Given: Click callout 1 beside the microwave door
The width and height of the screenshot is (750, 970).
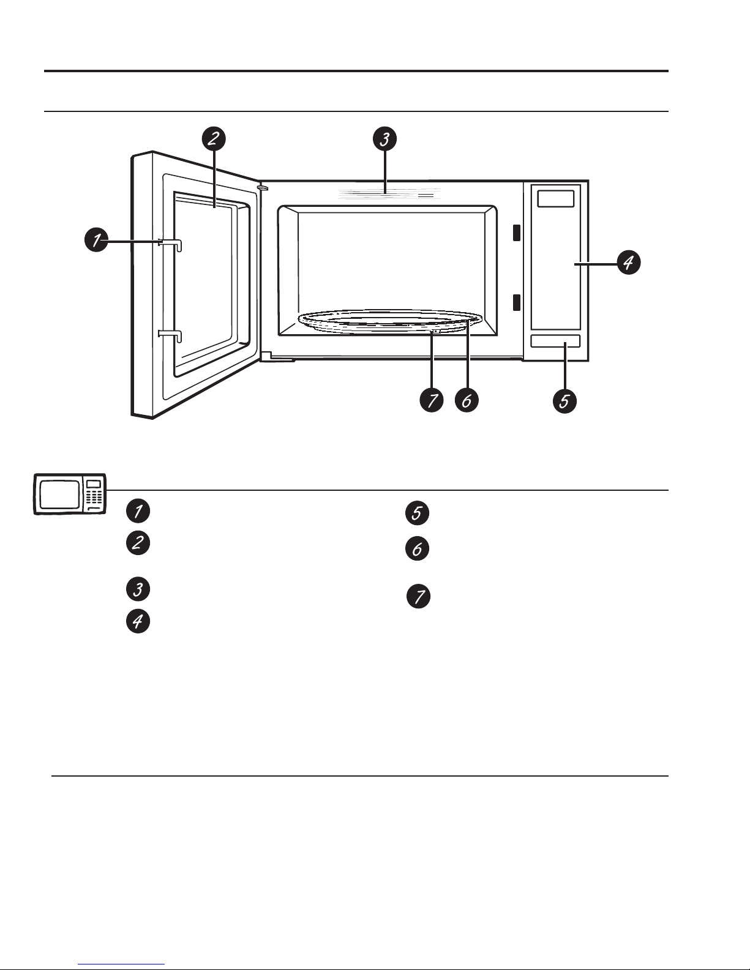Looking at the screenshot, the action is [97, 240].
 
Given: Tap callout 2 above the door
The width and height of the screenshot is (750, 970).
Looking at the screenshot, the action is [214, 138].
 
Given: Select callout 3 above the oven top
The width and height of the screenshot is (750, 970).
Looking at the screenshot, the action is [385, 138].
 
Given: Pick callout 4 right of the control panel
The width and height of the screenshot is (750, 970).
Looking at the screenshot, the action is [629, 263].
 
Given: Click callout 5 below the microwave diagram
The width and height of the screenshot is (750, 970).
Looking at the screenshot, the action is [564, 401].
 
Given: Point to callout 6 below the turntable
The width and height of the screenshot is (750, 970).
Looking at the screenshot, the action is [467, 400].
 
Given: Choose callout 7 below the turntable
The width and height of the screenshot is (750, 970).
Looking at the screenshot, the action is [432, 400].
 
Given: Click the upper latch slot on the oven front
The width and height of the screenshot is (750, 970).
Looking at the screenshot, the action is [517, 233].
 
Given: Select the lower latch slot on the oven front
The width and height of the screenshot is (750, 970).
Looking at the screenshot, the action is [517, 302].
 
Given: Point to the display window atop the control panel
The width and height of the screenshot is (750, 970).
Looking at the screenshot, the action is [556, 199].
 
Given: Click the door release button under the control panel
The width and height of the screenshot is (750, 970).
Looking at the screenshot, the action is [555, 341].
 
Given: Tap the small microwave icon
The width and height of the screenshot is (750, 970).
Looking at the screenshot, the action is [70, 494].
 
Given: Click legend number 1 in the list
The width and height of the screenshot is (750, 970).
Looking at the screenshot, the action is [138, 511].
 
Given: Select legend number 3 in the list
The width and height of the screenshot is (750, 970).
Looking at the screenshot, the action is [138, 589].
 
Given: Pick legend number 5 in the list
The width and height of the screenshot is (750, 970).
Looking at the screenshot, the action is [417, 513].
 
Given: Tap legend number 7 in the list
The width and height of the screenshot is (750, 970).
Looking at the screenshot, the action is [418, 597].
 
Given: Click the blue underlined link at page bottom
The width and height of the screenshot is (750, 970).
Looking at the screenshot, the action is [121, 964].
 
